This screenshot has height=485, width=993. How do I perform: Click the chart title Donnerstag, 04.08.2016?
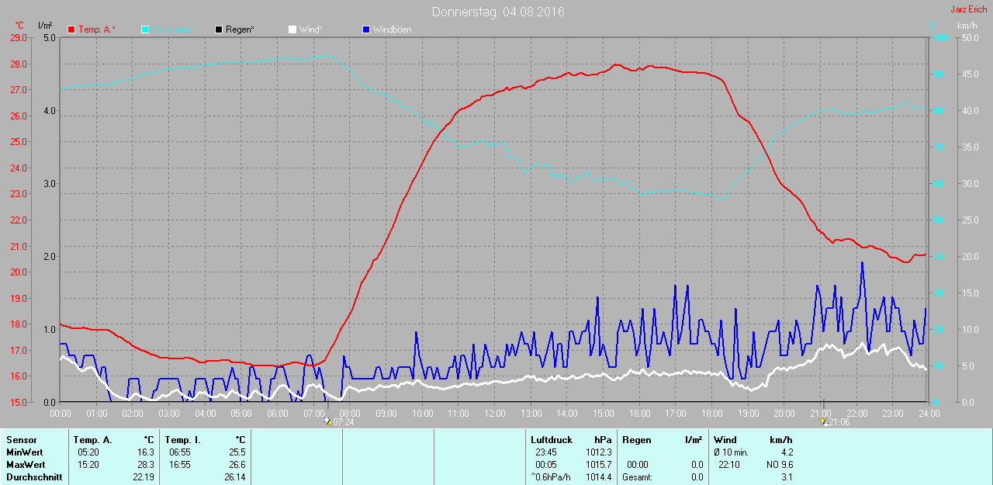[x=498, y=12]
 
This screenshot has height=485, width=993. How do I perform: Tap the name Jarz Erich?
[x=969, y=9]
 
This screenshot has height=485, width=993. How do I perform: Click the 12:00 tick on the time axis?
[x=494, y=413]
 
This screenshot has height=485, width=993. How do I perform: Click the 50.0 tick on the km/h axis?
[x=969, y=37]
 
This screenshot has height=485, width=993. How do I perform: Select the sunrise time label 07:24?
[x=344, y=422]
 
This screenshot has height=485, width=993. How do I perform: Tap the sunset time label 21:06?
[x=839, y=422]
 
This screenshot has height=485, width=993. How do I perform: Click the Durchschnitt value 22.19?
[x=143, y=476]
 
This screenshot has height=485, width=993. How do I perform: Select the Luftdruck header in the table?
[x=551, y=440]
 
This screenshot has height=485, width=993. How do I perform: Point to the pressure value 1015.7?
[x=599, y=464]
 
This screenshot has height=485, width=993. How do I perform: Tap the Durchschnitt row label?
[x=34, y=476]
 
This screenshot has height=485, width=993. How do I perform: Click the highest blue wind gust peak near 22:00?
[x=862, y=263]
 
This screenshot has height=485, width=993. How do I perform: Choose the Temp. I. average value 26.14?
[x=234, y=476]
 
